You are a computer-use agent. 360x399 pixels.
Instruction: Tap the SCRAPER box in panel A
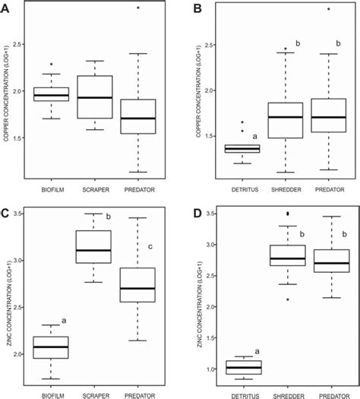96,97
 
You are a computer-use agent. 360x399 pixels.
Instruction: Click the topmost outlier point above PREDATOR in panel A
138,8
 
